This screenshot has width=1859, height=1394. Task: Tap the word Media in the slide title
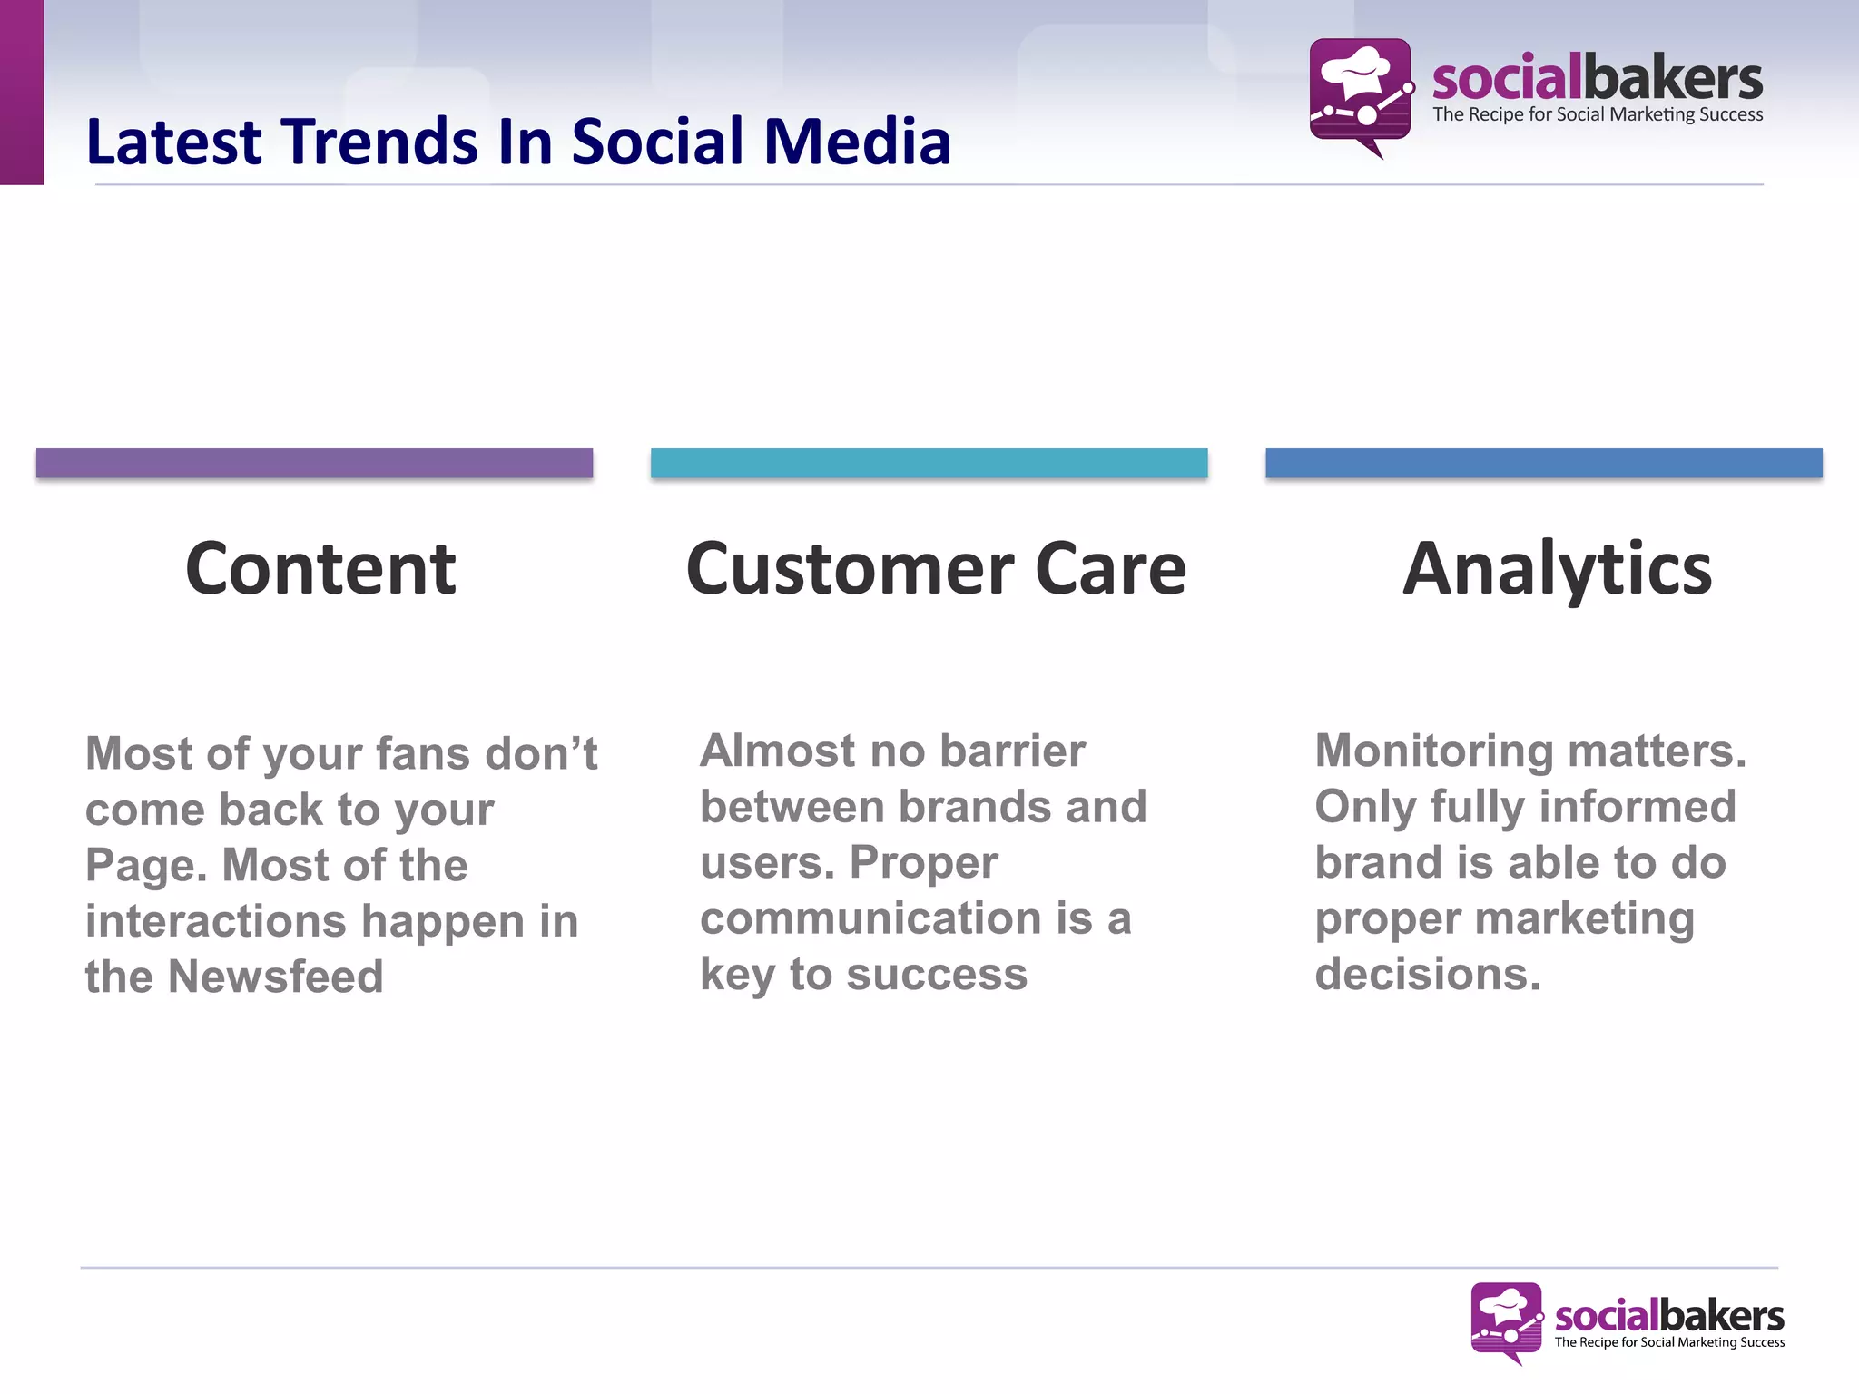(857, 142)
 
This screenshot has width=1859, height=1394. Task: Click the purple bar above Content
(314, 463)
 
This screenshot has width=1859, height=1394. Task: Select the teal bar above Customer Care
(929, 463)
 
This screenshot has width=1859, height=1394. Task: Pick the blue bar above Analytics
(1543, 463)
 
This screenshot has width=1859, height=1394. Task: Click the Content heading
(320, 569)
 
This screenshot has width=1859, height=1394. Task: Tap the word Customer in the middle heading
(850, 569)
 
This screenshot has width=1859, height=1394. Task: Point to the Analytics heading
(1557, 569)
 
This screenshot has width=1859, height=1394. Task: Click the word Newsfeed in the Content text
(276, 977)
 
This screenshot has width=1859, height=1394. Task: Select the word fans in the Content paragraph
(423, 754)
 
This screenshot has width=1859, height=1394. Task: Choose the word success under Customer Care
(937, 975)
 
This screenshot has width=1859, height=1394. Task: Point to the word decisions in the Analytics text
(1427, 975)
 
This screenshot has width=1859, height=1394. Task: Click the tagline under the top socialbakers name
(1598, 115)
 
